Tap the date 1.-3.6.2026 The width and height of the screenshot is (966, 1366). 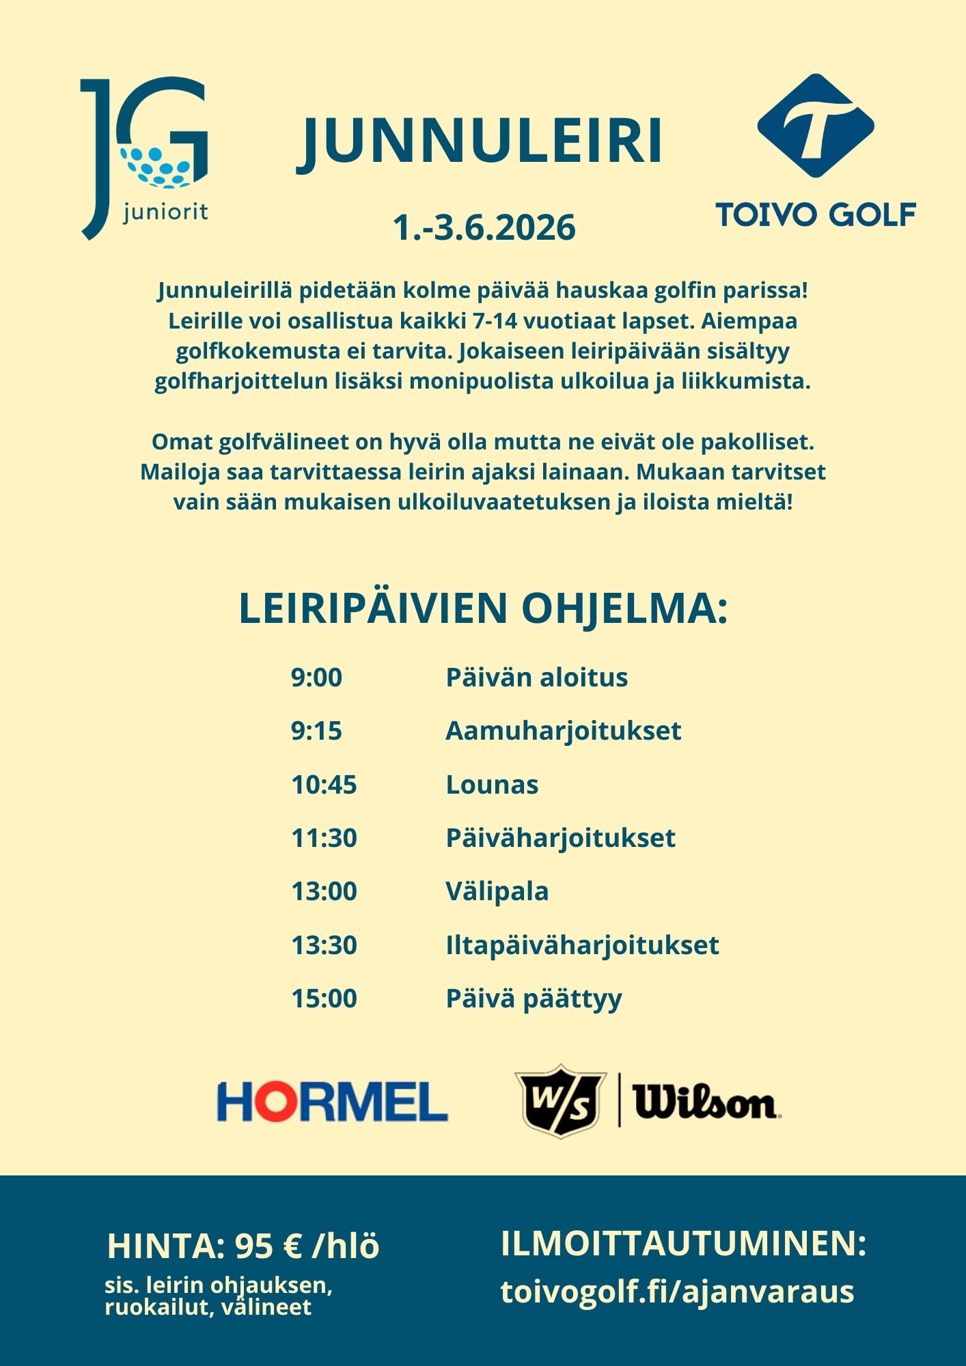pos(484,227)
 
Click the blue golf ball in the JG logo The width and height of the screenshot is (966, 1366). pos(156,167)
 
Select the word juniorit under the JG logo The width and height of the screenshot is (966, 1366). pos(165,212)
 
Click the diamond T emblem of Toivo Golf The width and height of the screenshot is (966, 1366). pos(816,126)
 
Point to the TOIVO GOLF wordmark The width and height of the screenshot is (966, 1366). pos(816,214)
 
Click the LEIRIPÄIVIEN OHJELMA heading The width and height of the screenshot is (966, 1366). pos(483,608)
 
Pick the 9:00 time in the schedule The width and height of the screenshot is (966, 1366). pos(316,678)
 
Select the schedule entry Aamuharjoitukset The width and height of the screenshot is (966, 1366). pos(563,731)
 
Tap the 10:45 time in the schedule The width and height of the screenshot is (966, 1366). pos(324,785)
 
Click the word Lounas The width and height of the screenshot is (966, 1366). pos(492,785)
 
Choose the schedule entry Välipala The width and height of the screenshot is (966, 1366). pos(497,891)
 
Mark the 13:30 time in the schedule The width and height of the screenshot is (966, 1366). pos(324,945)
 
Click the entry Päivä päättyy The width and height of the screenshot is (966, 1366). pos(534,999)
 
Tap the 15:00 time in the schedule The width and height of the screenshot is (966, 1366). pos(324,999)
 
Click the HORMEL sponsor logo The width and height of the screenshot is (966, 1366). pos(332,1101)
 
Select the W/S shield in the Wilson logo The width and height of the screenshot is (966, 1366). pos(561,1101)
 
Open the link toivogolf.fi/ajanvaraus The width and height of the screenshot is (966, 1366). pos(677,1292)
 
